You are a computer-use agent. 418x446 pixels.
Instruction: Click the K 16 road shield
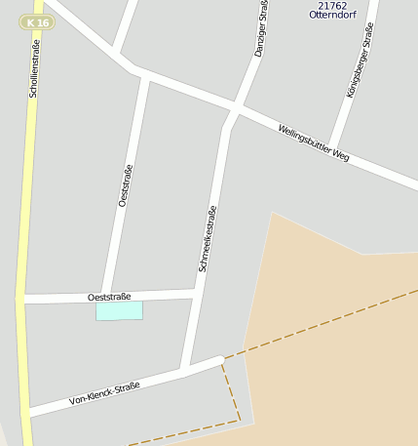(x=37, y=21)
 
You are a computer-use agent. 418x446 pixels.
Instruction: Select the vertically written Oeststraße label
(x=124, y=185)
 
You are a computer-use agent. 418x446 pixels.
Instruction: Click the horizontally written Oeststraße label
(x=109, y=296)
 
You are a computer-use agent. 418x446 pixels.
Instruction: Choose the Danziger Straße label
(x=260, y=29)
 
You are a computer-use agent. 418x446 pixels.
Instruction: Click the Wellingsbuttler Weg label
(x=313, y=142)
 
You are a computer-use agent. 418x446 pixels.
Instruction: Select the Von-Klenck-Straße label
(x=104, y=393)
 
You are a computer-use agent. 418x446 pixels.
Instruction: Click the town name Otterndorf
(x=331, y=16)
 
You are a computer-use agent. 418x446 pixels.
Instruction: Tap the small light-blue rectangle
(x=119, y=310)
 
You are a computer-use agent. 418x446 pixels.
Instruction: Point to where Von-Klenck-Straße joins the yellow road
(x=27, y=411)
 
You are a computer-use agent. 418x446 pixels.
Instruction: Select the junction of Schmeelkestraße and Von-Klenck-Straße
(x=185, y=369)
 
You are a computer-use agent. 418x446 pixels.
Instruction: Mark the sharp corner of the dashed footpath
(x=240, y=421)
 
